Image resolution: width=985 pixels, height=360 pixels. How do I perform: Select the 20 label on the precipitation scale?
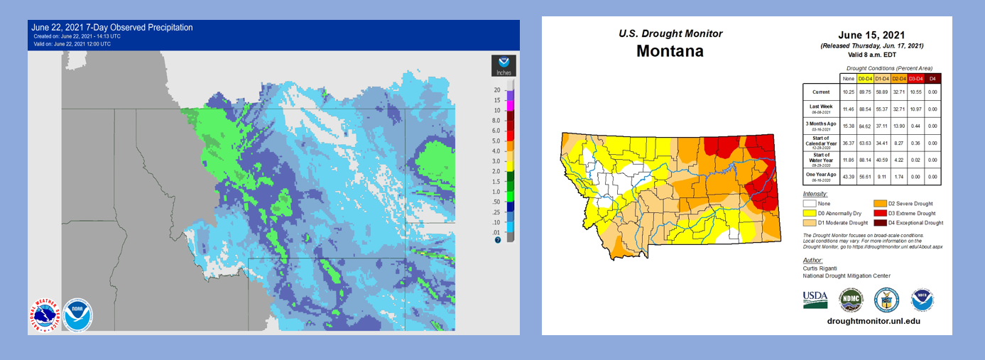(498, 90)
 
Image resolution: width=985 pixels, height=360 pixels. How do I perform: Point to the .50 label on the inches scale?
(498, 202)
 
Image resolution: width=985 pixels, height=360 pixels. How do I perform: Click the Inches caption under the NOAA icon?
(504, 72)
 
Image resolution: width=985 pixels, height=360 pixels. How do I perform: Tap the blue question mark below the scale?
(498, 240)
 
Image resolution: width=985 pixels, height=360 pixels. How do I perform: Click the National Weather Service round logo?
(44, 315)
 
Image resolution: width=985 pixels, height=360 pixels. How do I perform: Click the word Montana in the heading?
(670, 51)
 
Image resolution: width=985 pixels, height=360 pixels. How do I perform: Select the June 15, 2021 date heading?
(872, 35)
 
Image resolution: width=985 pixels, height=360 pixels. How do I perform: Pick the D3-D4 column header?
(916, 78)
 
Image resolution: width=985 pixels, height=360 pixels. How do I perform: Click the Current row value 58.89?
(881, 92)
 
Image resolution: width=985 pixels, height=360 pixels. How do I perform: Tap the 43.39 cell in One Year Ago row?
(847, 176)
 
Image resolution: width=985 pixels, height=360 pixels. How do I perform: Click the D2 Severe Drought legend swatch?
(881, 204)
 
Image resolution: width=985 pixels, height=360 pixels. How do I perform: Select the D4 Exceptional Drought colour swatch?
(881, 223)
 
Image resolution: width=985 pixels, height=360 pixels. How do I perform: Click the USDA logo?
(815, 299)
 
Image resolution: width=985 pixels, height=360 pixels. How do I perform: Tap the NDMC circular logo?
(851, 300)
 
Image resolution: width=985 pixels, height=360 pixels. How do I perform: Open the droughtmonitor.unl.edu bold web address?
(874, 321)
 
